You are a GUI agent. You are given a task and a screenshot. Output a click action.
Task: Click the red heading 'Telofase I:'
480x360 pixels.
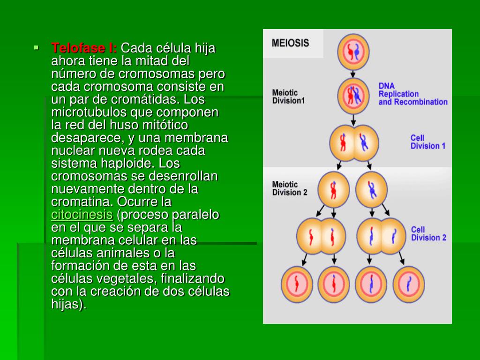pos(84,48)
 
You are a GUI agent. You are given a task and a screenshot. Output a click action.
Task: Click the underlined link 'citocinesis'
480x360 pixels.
pos(82,215)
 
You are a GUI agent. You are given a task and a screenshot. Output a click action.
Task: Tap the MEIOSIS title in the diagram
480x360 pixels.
pos(291,43)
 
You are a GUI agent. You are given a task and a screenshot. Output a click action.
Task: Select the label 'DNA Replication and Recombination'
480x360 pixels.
pos(412,94)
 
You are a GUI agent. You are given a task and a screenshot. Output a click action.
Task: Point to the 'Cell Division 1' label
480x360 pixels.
pos(428,142)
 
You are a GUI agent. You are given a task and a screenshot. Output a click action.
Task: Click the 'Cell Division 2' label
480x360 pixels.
pos(428,233)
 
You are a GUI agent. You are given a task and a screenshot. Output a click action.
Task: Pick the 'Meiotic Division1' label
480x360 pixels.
pos(288,97)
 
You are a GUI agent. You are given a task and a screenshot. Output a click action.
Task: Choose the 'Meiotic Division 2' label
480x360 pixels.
pos(290,188)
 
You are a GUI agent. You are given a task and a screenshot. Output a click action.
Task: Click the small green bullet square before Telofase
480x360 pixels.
pos(36,47)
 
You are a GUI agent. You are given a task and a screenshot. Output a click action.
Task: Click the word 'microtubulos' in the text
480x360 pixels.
pos(89,112)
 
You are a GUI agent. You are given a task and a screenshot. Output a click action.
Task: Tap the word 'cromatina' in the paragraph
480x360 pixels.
pos(81,202)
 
